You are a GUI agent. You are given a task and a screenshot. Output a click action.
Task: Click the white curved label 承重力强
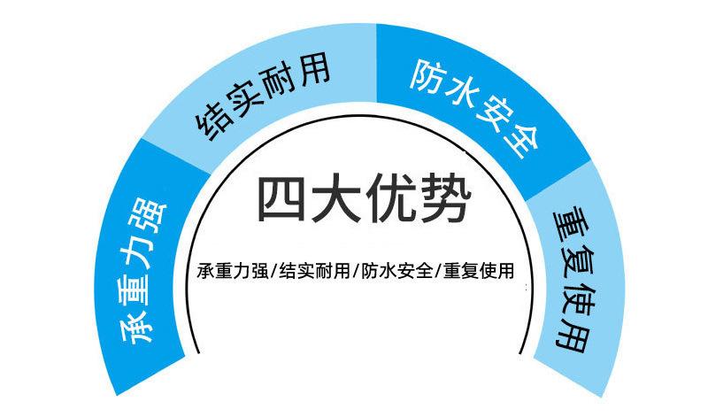point(143,272)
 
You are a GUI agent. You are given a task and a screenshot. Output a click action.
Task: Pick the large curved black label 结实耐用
point(263,96)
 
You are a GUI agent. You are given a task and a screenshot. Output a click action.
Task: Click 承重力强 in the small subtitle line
point(233,271)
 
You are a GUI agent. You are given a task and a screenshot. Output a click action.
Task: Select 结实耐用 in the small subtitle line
point(315,271)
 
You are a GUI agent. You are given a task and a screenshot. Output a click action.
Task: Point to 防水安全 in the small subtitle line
point(397,271)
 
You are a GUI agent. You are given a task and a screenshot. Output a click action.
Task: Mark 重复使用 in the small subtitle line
point(479,271)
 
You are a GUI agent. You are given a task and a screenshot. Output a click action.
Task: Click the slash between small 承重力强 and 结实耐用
point(273,272)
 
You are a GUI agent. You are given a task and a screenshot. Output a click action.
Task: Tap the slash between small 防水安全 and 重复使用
point(438,272)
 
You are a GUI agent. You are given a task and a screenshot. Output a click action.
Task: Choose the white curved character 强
point(150,215)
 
